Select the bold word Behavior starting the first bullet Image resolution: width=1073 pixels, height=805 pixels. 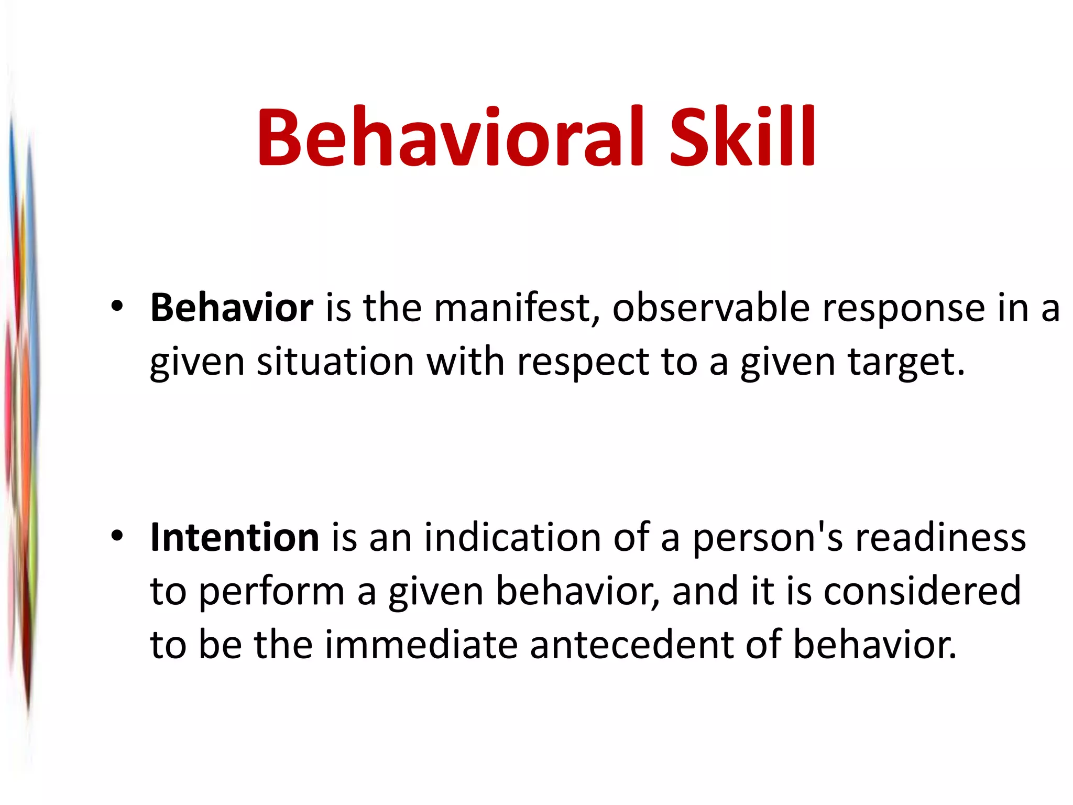(232, 308)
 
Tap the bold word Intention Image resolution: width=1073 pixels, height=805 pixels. (234, 538)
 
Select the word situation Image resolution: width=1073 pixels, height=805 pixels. (335, 362)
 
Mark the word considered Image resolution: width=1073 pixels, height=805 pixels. (922, 591)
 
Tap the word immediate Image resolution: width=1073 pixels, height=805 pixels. (421, 645)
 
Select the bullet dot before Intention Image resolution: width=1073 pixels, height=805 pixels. (117, 536)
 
